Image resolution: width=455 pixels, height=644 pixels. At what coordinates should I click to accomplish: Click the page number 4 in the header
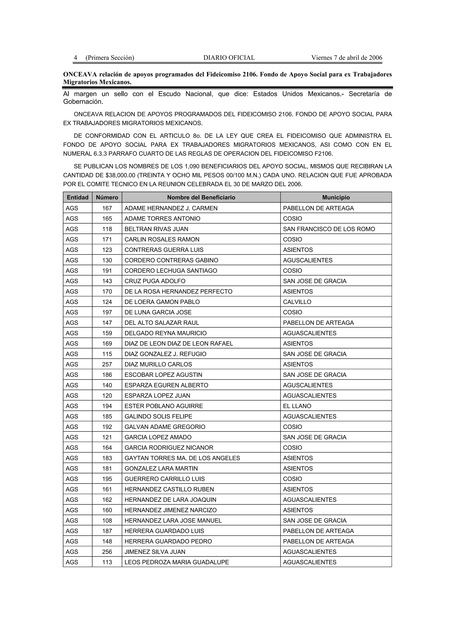[x=75, y=58]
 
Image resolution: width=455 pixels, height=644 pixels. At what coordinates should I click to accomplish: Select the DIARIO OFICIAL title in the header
[x=229, y=58]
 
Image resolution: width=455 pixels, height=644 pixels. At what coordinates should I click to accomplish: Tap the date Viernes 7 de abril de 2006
[x=347, y=58]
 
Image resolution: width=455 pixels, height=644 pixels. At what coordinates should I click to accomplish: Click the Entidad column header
[x=78, y=198]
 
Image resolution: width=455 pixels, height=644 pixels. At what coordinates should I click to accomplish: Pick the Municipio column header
[x=336, y=198]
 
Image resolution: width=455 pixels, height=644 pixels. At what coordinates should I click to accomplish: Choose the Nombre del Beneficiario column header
[x=201, y=198]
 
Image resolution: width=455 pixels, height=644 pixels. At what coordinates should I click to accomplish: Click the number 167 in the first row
[x=107, y=208]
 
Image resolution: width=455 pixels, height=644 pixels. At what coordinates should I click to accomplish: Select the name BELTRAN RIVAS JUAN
[x=156, y=229]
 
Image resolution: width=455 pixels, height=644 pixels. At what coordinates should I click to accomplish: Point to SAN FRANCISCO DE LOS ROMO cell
[x=329, y=229]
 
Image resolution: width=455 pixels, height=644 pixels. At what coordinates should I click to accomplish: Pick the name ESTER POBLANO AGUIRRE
[x=164, y=406]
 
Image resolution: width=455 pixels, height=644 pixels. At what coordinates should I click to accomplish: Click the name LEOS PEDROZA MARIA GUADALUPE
[x=177, y=562]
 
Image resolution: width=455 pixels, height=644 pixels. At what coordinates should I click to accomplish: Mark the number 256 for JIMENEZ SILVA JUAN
[x=107, y=552]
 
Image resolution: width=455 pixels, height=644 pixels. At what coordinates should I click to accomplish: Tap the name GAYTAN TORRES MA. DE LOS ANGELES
[x=182, y=458]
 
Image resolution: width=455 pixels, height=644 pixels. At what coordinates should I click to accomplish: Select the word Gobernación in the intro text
[x=83, y=102]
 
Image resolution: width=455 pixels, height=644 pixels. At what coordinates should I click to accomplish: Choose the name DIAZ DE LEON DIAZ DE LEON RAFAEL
[x=179, y=344]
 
